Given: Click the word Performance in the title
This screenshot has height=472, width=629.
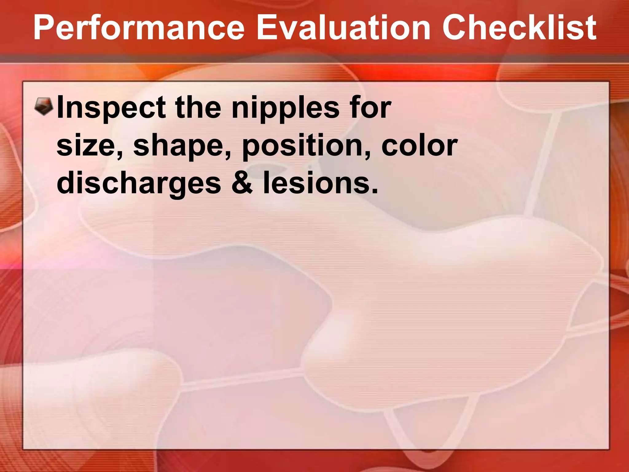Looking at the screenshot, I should click(x=139, y=28).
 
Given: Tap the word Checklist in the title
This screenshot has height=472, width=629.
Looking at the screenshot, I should click(x=519, y=28).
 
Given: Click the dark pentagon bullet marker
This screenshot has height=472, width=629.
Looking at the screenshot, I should click(x=44, y=106).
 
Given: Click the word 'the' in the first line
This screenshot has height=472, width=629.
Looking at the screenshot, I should click(x=198, y=108).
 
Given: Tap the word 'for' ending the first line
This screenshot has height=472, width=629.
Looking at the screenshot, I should click(x=370, y=108).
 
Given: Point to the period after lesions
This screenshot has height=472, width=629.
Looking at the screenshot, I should click(x=374, y=192).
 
